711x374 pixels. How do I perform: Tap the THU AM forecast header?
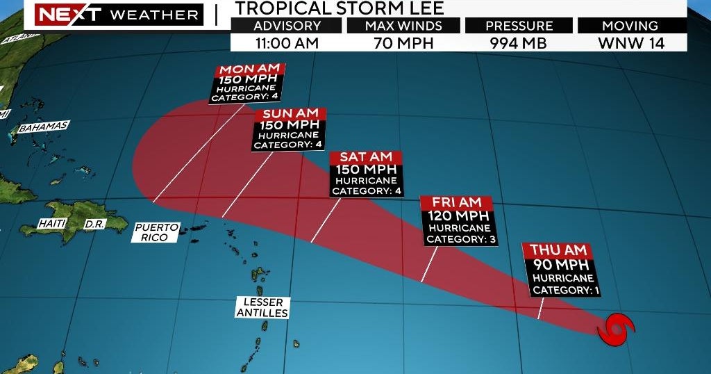click(559, 250)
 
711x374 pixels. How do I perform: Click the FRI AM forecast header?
click(456, 202)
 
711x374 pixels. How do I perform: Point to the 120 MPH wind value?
click(458, 216)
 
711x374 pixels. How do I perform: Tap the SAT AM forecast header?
click(365, 157)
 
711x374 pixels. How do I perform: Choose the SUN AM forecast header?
click(290, 114)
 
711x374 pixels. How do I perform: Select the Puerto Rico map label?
click(156, 232)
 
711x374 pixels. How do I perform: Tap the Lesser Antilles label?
click(262, 307)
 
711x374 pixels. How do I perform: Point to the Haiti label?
click(51, 224)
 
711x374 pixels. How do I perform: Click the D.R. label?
click(94, 225)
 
